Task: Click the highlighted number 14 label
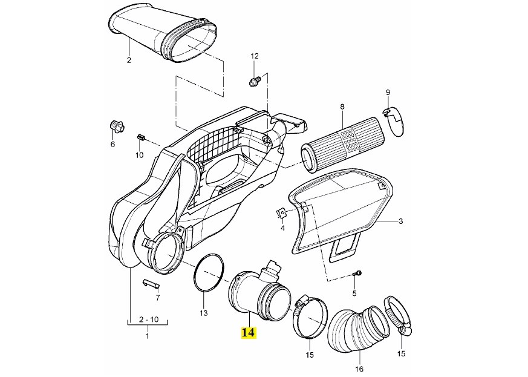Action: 248,333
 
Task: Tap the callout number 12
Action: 255,56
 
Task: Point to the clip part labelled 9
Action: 393,117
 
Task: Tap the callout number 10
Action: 139,155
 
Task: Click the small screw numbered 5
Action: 357,275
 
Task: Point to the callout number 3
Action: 400,222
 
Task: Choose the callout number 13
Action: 203,313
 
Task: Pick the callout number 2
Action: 129,60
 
